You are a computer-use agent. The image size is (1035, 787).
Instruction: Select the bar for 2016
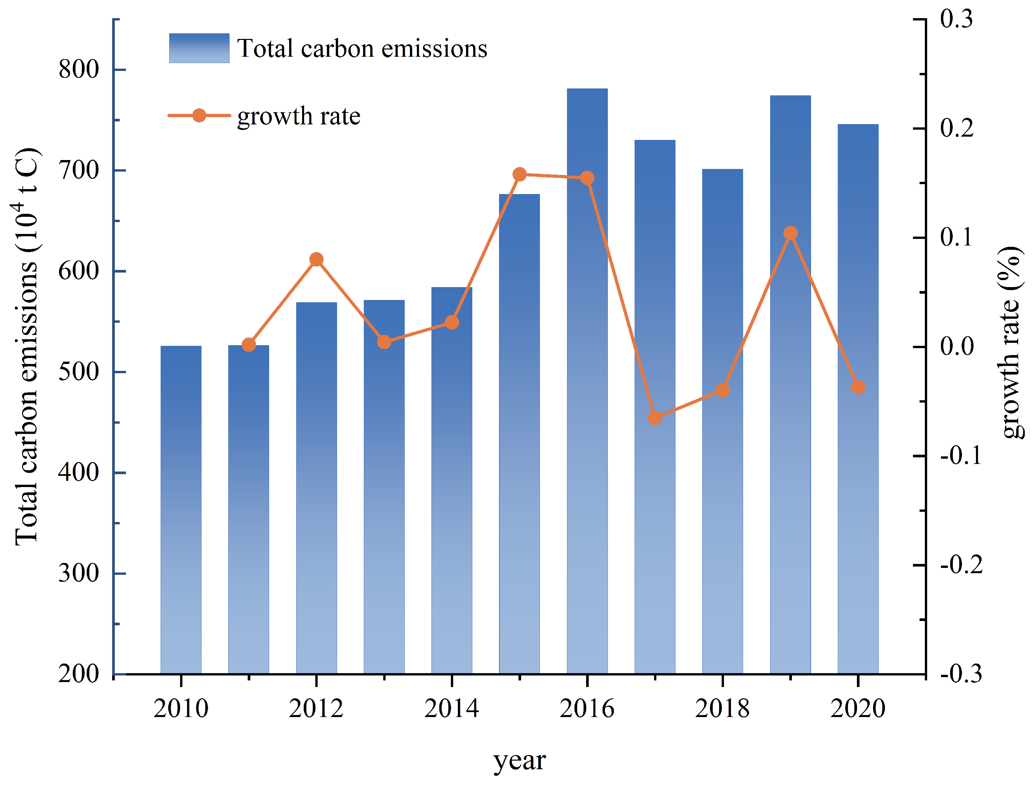click(x=587, y=422)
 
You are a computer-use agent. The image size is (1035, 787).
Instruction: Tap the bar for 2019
click(x=790, y=422)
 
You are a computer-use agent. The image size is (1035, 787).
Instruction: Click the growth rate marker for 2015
click(x=519, y=174)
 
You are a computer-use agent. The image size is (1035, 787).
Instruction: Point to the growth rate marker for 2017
click(x=655, y=417)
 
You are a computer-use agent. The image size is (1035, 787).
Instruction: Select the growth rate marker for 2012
click(x=316, y=259)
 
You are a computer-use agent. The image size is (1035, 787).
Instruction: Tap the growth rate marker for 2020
click(x=858, y=387)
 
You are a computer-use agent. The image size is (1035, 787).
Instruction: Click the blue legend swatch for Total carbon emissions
click(x=199, y=48)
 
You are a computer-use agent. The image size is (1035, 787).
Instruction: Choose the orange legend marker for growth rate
click(x=199, y=115)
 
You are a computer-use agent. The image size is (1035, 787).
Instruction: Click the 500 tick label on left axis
click(x=78, y=372)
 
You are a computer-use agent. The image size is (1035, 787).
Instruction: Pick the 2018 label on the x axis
click(x=722, y=708)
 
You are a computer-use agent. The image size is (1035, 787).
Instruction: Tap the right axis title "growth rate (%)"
click(x=1011, y=342)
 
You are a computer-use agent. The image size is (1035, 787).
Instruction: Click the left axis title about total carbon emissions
click(x=27, y=347)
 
